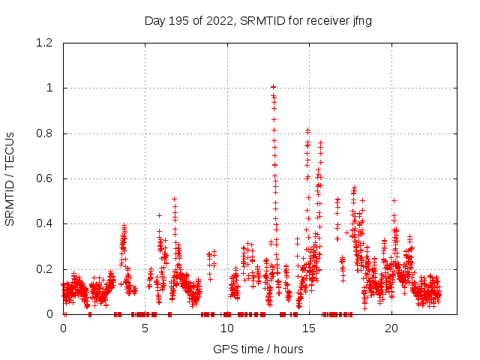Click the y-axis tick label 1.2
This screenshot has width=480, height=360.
click(47, 43)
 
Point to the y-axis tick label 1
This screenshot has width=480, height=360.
click(52, 88)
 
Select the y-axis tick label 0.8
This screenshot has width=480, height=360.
click(47, 133)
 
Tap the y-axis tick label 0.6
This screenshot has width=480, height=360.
click(47, 178)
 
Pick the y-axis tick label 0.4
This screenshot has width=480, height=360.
click(47, 223)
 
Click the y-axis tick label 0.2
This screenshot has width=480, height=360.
click(47, 268)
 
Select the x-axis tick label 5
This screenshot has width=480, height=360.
click(145, 328)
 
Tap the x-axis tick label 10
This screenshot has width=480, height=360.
click(227, 328)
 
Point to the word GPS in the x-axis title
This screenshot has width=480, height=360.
click(224, 349)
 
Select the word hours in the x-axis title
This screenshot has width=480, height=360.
click(288, 349)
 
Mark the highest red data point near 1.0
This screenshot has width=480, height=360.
click(274, 87)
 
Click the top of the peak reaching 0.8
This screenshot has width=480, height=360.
click(307, 130)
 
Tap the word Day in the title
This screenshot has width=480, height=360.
click(154, 20)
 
